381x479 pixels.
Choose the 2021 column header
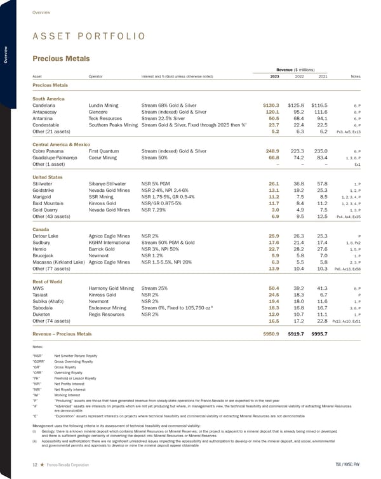323,77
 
